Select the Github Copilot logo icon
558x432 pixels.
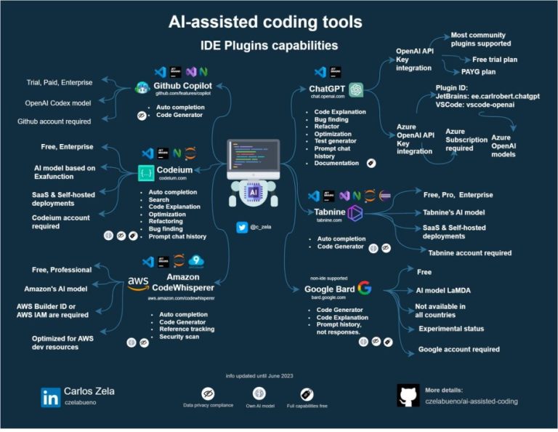[x=142, y=88]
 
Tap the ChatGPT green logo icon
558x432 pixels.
[x=355, y=89]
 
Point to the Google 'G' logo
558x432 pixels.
[x=364, y=288]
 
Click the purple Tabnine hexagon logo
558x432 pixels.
[x=355, y=212]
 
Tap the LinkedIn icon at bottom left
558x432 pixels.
[x=51, y=397]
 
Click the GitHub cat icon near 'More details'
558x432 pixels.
[x=408, y=396]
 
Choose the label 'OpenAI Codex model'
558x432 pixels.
[x=58, y=103]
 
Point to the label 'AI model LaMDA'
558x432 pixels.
[x=442, y=290]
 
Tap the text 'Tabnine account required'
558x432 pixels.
[x=469, y=253]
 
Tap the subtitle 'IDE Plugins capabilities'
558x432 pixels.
[x=269, y=45]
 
